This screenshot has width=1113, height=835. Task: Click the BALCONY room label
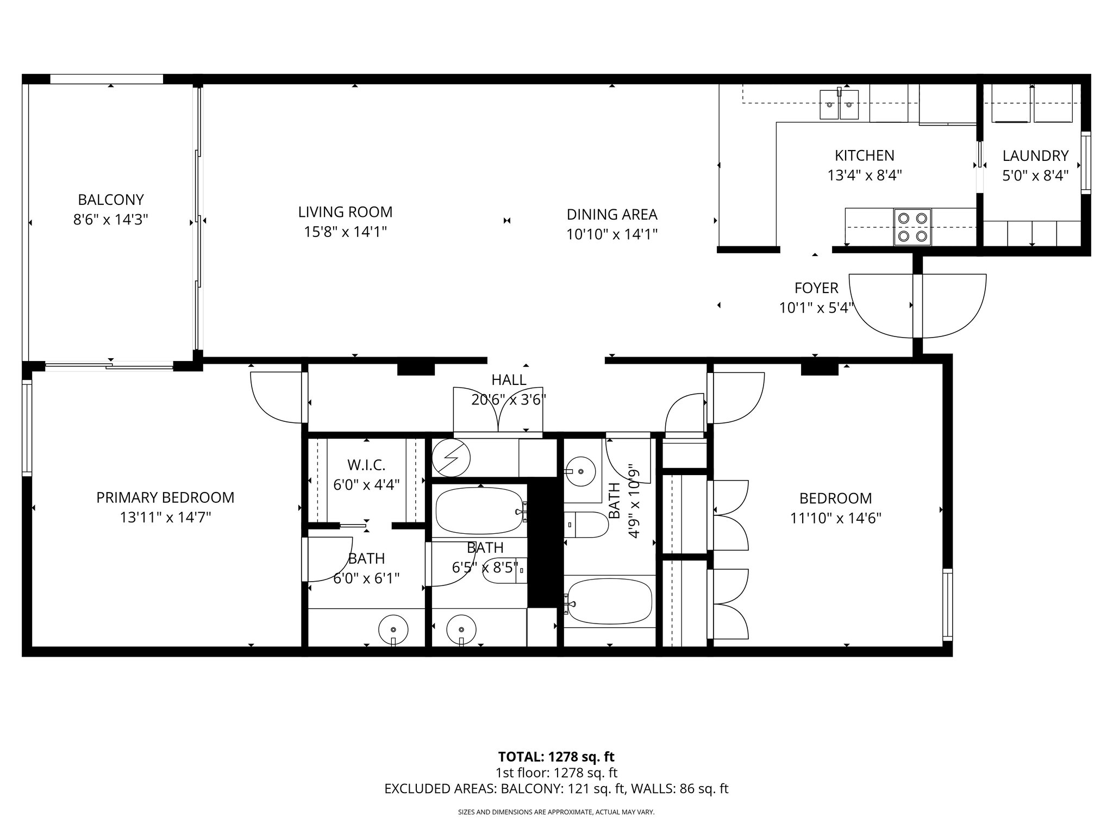coord(111,200)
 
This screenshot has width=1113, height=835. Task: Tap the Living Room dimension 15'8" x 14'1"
coord(345,232)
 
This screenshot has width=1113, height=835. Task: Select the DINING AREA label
coord(612,214)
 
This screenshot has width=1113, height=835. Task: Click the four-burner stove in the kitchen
coord(912,227)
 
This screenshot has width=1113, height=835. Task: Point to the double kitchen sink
coord(839,105)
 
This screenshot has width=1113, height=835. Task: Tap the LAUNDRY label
coord(1035,156)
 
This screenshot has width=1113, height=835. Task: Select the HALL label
coord(509,380)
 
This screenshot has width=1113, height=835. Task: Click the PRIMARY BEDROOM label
coord(165,497)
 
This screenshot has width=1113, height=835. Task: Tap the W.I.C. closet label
coord(366,465)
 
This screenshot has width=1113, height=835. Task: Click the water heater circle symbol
coord(451,458)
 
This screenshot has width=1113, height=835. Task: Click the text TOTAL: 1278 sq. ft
coord(556,757)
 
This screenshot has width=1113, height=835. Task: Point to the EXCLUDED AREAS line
coord(556,789)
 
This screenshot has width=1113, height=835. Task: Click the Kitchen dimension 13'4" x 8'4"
coord(864,176)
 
